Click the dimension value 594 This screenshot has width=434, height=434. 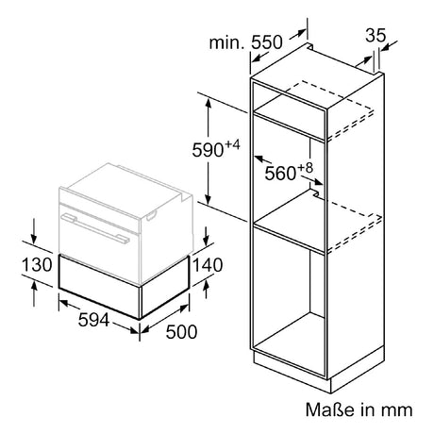tap(93, 320)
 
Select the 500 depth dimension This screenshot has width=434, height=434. tap(181, 332)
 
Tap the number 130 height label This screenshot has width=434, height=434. tap(37, 265)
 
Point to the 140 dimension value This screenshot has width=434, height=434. tap(208, 265)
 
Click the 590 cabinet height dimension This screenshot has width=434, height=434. tap(208, 150)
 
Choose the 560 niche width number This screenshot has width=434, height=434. tap(280, 174)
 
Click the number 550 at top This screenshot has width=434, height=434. tap(267, 42)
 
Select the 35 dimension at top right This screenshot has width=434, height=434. tap(376, 35)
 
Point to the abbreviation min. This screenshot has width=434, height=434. tap(226, 42)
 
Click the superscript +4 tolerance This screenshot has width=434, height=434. tap(232, 144)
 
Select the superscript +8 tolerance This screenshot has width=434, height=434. tap(306, 168)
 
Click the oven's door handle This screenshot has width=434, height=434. tap(95, 228)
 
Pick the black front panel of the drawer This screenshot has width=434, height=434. tap(100, 287)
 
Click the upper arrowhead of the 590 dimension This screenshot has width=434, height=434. tap(208, 103)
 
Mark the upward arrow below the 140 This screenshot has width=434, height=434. tap(206, 290)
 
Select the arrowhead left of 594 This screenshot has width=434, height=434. tap(64, 304)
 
